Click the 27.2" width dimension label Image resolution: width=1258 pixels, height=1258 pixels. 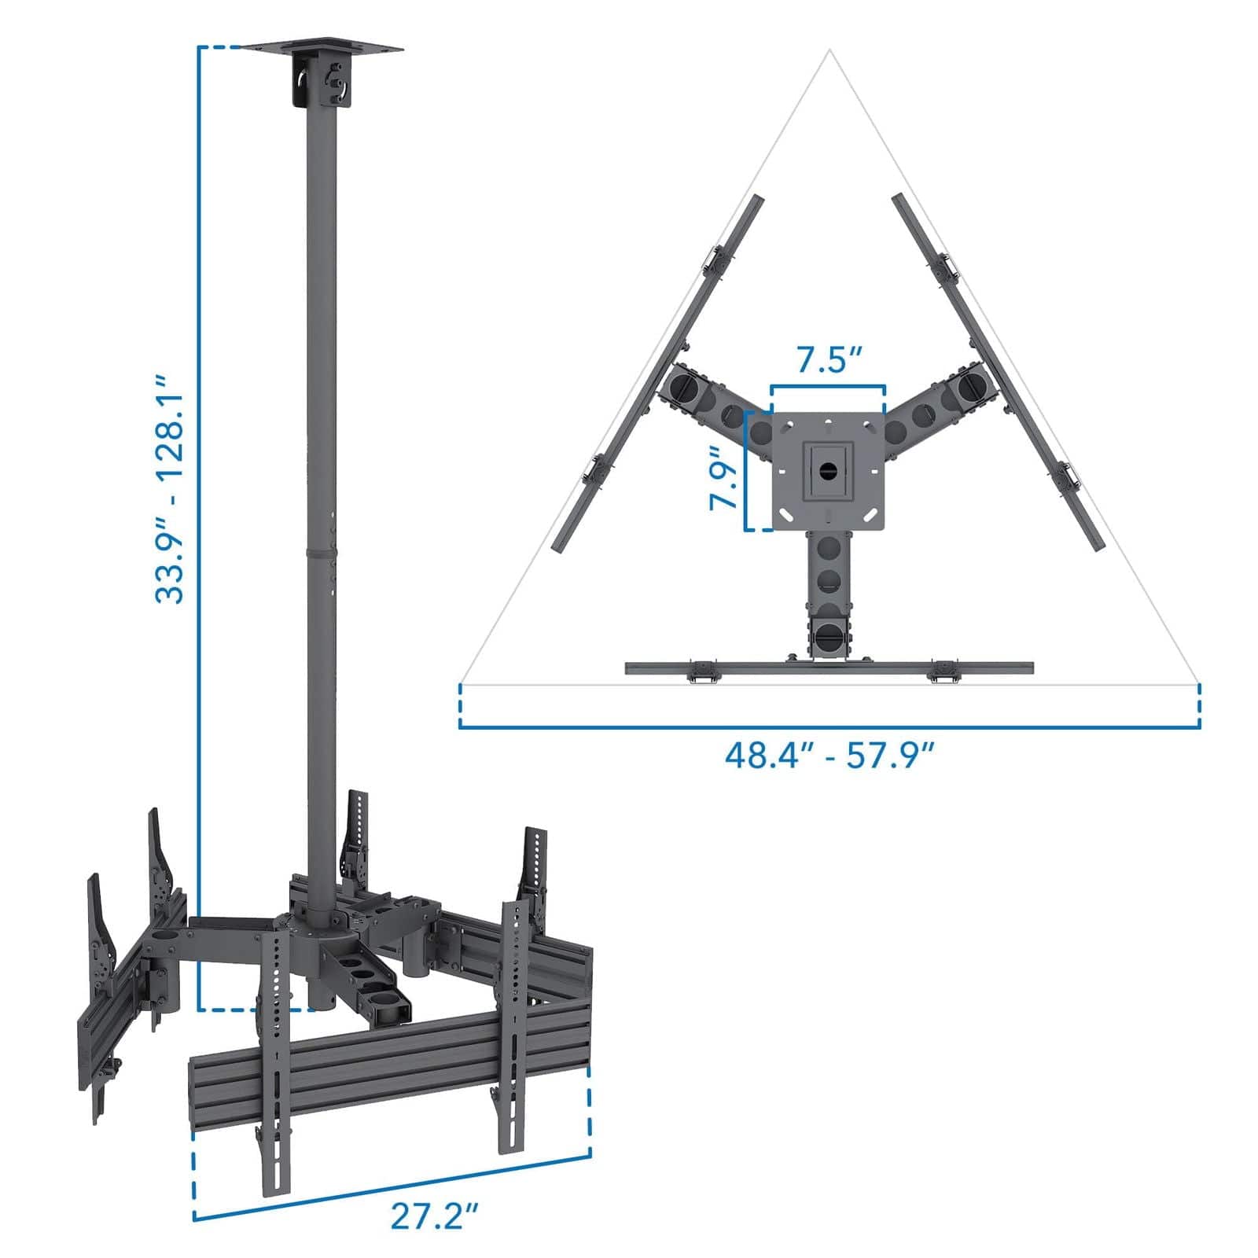click(x=435, y=1196)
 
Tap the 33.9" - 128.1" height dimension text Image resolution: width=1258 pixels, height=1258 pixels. click(x=170, y=489)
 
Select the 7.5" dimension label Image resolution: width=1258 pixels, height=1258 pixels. click(x=830, y=360)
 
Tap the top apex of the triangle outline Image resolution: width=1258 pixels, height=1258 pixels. click(x=829, y=52)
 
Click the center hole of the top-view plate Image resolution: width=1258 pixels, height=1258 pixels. click(x=828, y=470)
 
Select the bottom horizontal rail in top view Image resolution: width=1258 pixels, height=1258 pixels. click(x=829, y=668)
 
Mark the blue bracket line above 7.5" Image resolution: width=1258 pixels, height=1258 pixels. click(x=829, y=386)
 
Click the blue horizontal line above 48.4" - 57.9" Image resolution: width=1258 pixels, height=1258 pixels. click(x=829, y=728)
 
